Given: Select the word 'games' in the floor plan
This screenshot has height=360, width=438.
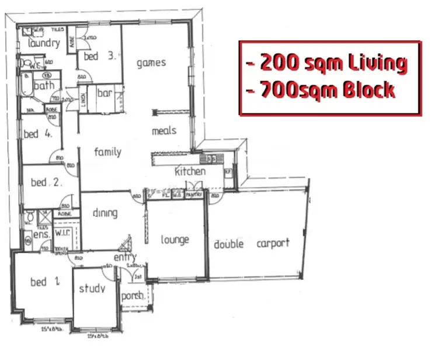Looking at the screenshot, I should point(151,63).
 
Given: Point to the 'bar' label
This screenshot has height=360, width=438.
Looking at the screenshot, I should point(105,93).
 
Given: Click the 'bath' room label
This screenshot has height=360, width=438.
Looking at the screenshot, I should point(44,86).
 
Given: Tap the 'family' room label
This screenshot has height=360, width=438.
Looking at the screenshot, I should point(108,152).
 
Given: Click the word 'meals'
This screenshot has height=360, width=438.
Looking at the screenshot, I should point(164,130).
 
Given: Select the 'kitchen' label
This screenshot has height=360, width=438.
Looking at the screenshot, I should point(190,172).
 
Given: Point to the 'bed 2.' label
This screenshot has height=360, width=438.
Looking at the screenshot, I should point(47,182).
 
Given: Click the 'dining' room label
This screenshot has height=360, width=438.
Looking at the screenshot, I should point(105,213).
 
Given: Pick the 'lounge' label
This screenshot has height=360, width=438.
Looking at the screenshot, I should point(175,240).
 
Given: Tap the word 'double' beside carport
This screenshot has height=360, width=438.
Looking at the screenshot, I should point(228,244).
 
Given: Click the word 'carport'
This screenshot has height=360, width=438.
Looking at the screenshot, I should point(273,243).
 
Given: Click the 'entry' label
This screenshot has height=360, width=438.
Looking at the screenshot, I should point(125,257).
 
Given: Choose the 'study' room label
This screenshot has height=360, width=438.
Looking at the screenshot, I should point(92,289).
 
